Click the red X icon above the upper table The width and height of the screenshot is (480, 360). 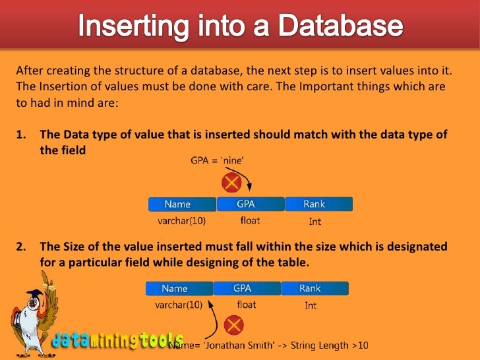(231, 182)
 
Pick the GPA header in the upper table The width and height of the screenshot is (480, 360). (250, 204)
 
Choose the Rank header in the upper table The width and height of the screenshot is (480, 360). (315, 204)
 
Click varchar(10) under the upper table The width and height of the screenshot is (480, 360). (181, 222)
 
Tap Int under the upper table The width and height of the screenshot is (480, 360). (315, 222)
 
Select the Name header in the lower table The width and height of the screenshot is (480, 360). (175, 288)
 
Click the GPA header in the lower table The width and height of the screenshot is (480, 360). (246, 288)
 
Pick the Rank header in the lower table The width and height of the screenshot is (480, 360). (310, 288)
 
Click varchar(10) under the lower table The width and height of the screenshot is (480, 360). (178, 305)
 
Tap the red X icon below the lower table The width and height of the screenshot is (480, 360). (234, 324)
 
